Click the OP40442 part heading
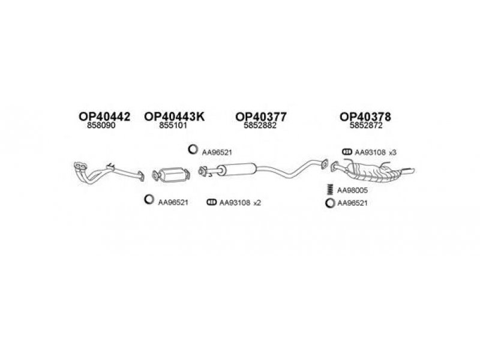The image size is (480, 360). coord(104,118)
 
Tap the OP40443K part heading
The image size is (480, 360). coord(174,118)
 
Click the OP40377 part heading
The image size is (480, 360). coord(260,118)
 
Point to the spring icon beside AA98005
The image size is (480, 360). coord(329,190)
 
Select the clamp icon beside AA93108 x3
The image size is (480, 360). coord(347,153)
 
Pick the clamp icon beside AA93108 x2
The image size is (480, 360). coord(211,203)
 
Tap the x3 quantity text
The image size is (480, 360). coord(392,154)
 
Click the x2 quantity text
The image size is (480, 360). coord(257,203)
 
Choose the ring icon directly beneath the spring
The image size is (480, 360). coord(329,203)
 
